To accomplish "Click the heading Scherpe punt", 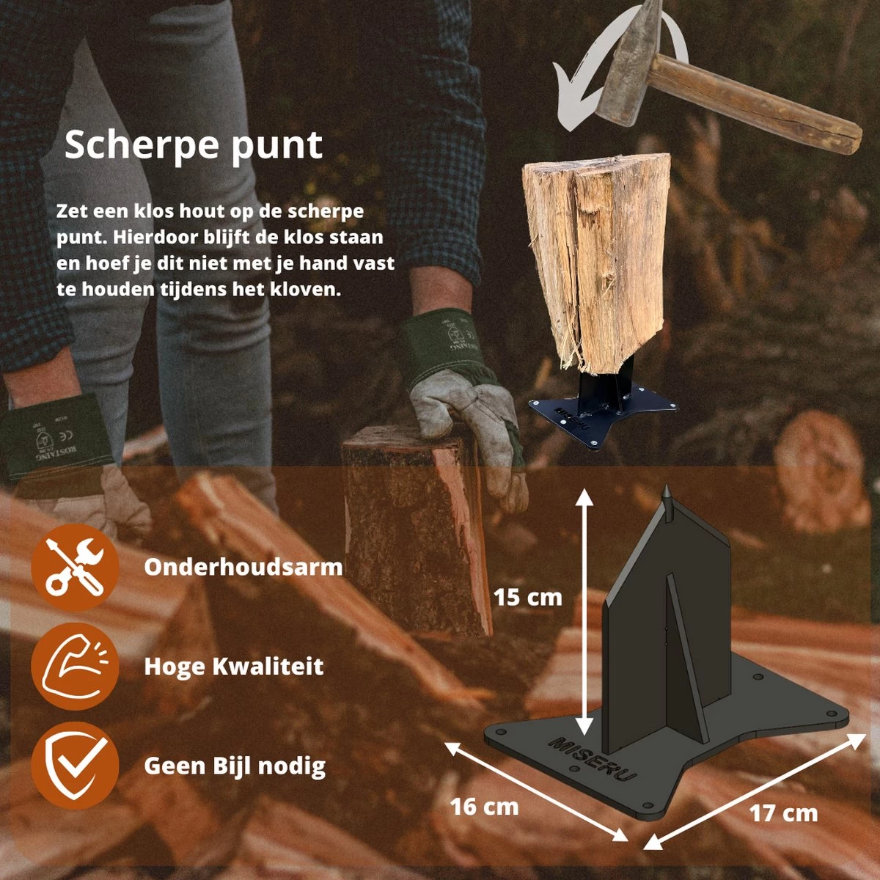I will coord(193,144).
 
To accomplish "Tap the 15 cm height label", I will coord(527,597).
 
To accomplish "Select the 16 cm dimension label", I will coord(484,807).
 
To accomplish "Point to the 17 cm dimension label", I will coord(783,813).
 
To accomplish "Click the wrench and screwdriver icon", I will coord(74,567).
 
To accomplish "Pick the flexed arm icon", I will coord(74,666).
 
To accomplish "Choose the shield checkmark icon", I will coord(74,765).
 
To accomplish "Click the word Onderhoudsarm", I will coord(243,567).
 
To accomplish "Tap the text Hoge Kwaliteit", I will coord(233,666).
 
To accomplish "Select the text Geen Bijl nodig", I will coord(235,766).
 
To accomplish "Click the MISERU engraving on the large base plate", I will coord(593,758).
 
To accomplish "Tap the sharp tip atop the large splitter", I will coord(667,494).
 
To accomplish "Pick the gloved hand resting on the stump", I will coord(469,418).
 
